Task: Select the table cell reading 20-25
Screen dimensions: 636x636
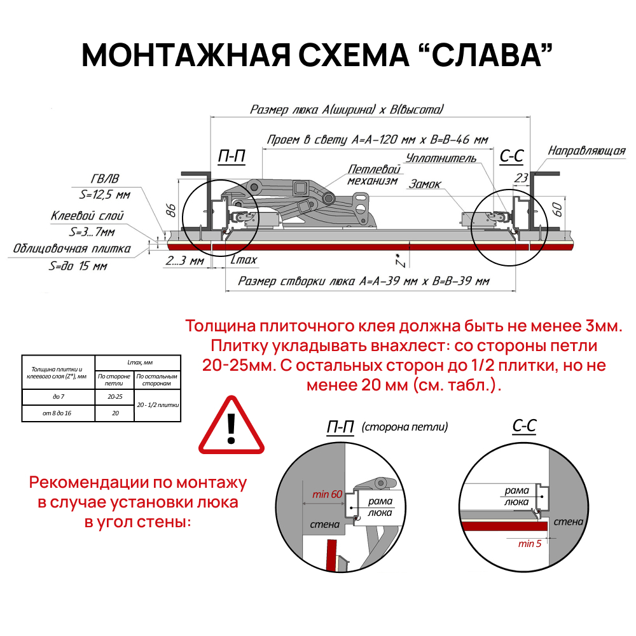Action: click(x=115, y=397)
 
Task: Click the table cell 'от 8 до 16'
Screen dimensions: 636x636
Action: click(x=58, y=413)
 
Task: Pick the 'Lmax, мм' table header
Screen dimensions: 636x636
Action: click(x=137, y=363)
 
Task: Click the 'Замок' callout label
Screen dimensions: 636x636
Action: click(x=425, y=184)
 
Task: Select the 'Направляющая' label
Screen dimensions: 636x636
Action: click(x=586, y=151)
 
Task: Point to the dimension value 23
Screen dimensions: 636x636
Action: click(x=522, y=178)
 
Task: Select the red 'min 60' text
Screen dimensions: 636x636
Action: click(x=327, y=494)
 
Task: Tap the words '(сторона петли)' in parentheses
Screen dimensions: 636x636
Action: click(x=405, y=427)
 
